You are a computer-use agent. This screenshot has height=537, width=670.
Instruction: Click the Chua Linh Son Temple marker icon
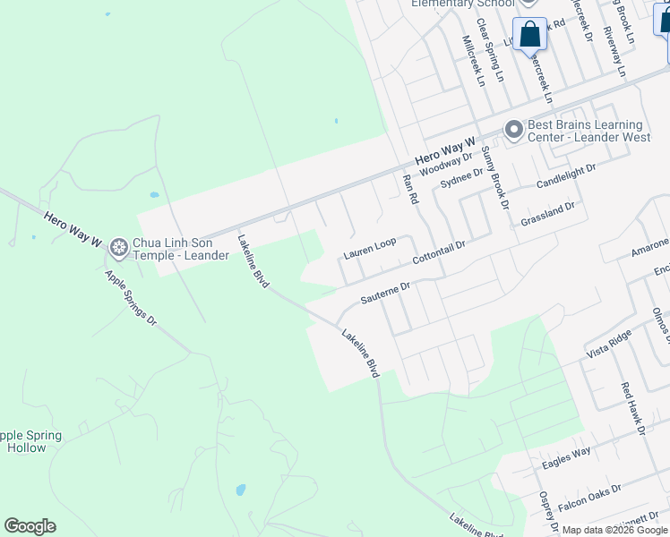[x=118, y=245]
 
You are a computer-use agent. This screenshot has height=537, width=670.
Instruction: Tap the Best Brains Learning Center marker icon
[x=513, y=131]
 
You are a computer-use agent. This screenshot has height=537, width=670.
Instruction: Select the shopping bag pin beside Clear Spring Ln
[x=529, y=35]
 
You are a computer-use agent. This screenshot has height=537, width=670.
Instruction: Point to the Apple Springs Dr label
[x=131, y=298]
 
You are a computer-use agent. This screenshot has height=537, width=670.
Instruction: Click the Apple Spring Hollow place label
[x=30, y=441]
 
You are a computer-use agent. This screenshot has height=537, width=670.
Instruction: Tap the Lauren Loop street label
[x=369, y=250]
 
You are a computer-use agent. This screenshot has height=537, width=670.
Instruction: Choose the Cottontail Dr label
[x=439, y=251]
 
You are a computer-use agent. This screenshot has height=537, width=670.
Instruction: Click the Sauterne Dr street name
[x=384, y=293]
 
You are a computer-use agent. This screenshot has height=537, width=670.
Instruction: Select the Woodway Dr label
[x=445, y=164]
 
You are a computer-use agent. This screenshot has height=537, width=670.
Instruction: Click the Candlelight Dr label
[x=566, y=175]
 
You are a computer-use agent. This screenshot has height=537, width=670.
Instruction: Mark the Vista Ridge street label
[x=609, y=343]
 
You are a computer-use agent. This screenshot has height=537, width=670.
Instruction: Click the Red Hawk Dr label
[x=633, y=407]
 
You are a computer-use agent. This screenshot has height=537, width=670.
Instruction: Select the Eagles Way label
[x=566, y=457]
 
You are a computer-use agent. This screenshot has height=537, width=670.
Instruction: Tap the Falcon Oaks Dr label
[x=588, y=499]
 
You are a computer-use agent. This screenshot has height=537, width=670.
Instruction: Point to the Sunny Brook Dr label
[x=494, y=179]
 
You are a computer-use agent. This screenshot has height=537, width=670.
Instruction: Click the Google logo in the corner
[x=30, y=526]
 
